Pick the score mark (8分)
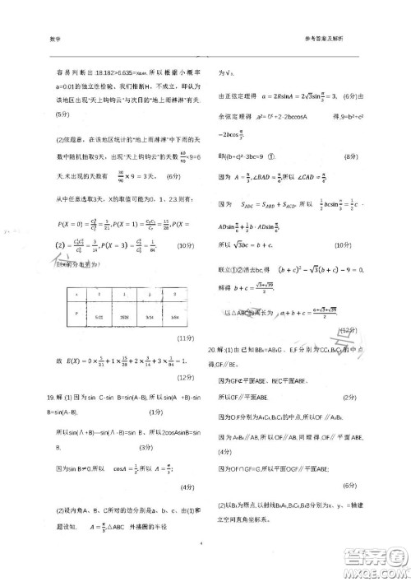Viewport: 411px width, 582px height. click(x=349, y=155)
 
